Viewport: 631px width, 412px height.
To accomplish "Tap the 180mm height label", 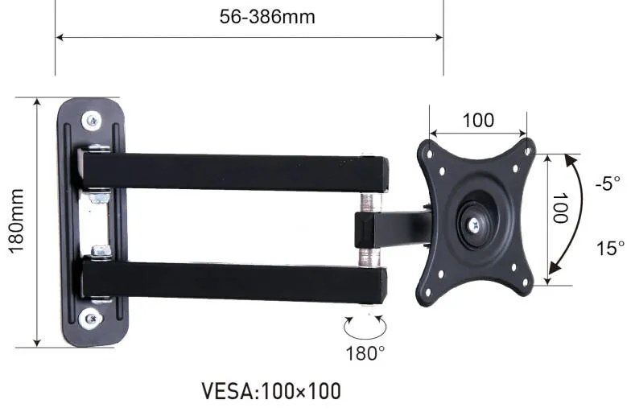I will click(x=16, y=222).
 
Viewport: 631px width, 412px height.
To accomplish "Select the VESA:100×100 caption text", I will click(x=270, y=392).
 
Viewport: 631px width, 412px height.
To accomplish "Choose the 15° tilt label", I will click(x=610, y=248).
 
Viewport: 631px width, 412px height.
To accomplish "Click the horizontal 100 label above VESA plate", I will click(x=478, y=121).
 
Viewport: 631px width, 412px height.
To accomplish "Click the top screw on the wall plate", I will click(x=93, y=121).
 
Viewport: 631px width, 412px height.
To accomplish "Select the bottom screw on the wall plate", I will click(x=94, y=319).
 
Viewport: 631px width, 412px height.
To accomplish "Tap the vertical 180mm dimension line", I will click(x=36, y=222).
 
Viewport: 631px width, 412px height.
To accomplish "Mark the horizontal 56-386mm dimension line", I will click(x=250, y=37).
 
